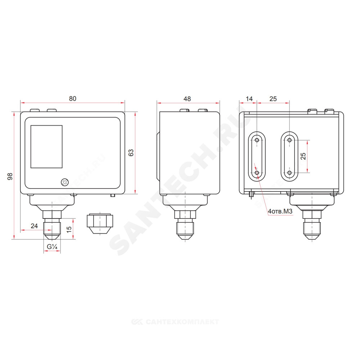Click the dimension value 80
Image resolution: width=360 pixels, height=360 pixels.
(x=73, y=99)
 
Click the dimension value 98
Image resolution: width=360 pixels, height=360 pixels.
(x=10, y=176)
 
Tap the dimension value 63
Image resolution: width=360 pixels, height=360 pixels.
(x=131, y=153)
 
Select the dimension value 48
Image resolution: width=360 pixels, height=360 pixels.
(x=187, y=99)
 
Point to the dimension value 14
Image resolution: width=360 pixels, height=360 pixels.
(x=249, y=99)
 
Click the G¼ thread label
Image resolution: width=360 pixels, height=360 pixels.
(x=52, y=247)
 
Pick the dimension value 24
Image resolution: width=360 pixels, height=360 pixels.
(x=34, y=226)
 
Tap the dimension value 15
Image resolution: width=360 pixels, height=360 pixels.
(x=69, y=229)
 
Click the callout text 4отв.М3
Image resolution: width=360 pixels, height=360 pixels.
(x=280, y=211)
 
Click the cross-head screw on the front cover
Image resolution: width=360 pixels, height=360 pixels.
(x=65, y=183)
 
